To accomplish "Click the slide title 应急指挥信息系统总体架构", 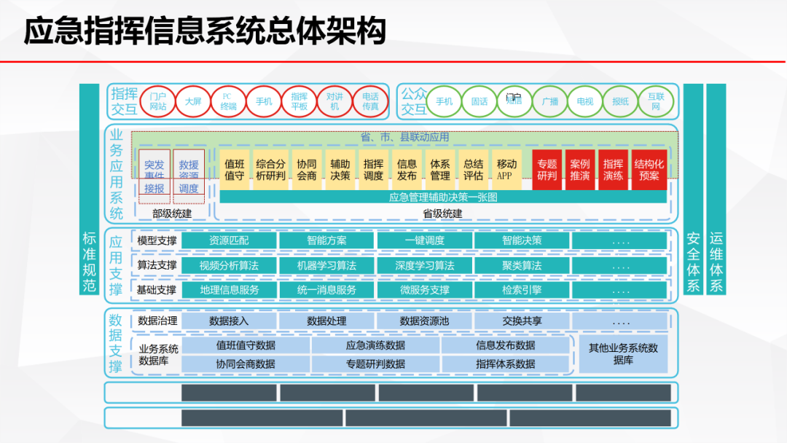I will point(205,31).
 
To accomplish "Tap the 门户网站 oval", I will point(157,101).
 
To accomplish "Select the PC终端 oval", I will point(228,101).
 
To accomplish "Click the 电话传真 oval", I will point(370,101).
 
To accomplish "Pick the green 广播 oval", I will point(549,101).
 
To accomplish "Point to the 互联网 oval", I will point(656,101).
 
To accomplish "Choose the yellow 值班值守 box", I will point(235,170).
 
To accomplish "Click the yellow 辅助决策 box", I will point(340,170).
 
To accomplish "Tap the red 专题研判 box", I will point(547,170).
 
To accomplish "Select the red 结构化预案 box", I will point(649,170).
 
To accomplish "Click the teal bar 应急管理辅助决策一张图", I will point(442,197).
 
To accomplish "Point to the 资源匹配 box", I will point(229,240).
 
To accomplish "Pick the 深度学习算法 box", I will point(425,265).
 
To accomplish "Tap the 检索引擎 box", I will point(522,289).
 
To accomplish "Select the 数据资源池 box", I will point(425,321).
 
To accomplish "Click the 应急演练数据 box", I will point(375,345).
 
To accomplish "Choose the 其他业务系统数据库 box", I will point(623,354).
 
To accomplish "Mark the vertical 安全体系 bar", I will point(693,189).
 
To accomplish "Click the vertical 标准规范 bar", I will point(89,189).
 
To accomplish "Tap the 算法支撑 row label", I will point(157,265).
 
